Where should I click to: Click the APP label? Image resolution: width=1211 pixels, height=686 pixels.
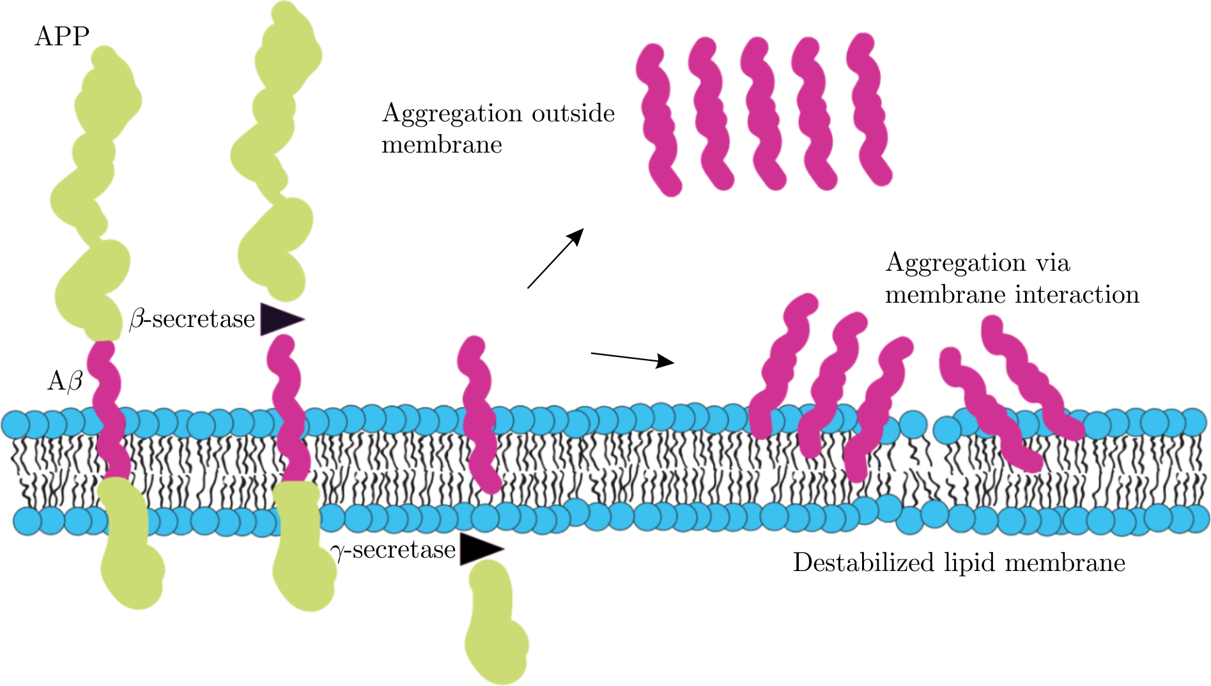click(61, 36)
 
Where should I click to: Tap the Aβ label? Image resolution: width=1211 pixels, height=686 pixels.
click(65, 381)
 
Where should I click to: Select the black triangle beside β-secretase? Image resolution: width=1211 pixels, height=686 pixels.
click(280, 319)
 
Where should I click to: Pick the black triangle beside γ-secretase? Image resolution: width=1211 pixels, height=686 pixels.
click(479, 549)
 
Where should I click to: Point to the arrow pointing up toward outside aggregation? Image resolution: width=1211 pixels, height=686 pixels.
click(555, 259)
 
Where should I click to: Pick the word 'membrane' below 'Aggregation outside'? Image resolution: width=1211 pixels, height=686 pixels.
click(442, 145)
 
